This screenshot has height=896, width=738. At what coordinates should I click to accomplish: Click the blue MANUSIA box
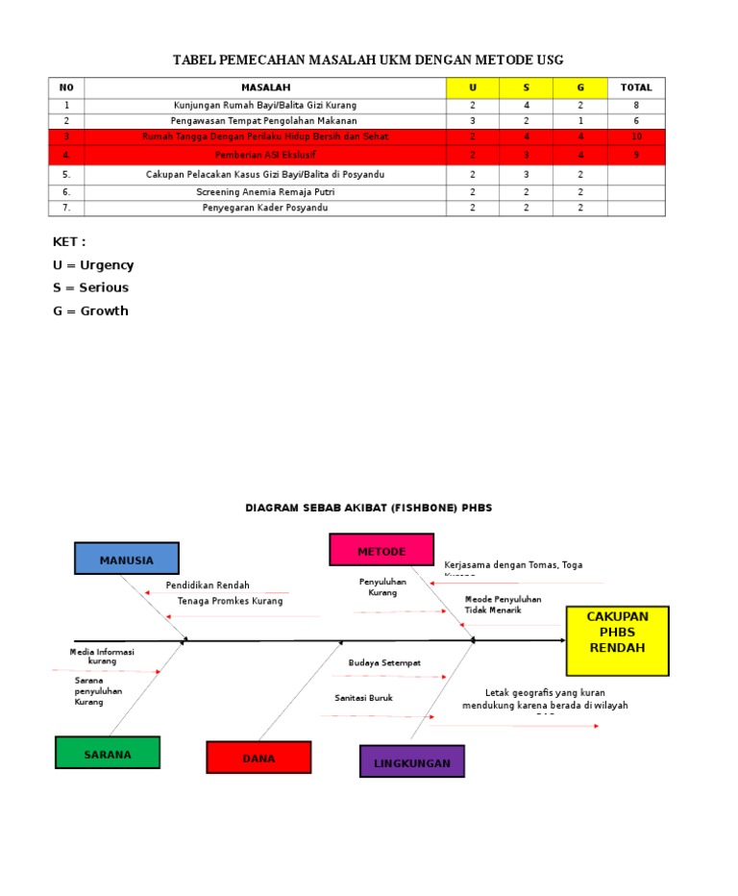click(127, 559)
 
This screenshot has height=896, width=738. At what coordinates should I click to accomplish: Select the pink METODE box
click(381, 550)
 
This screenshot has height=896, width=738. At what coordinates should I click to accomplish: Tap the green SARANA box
click(108, 753)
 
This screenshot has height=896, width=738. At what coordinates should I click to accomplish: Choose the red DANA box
click(258, 758)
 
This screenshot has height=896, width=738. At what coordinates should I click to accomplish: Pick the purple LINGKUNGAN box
click(412, 761)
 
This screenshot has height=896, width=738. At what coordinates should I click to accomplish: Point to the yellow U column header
click(472, 87)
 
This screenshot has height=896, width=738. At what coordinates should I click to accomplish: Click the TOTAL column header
click(636, 87)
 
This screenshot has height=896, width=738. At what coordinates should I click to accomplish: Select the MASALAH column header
click(265, 87)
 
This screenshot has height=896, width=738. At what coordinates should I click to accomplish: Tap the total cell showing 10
click(636, 137)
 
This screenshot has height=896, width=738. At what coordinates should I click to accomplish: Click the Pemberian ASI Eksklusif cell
click(265, 154)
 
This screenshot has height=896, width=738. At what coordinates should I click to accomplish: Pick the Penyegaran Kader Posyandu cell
click(265, 208)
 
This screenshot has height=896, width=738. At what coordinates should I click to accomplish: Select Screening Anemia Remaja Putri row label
click(265, 191)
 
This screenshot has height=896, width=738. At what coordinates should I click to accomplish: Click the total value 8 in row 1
click(636, 105)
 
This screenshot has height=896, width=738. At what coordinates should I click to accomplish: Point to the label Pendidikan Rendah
click(208, 585)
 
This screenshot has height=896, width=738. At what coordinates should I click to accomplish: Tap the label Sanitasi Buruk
click(363, 698)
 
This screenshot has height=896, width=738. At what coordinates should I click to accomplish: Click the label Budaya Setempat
click(384, 662)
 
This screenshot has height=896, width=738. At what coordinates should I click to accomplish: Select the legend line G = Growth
click(90, 311)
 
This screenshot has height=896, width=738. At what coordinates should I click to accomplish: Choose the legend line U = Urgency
click(93, 264)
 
